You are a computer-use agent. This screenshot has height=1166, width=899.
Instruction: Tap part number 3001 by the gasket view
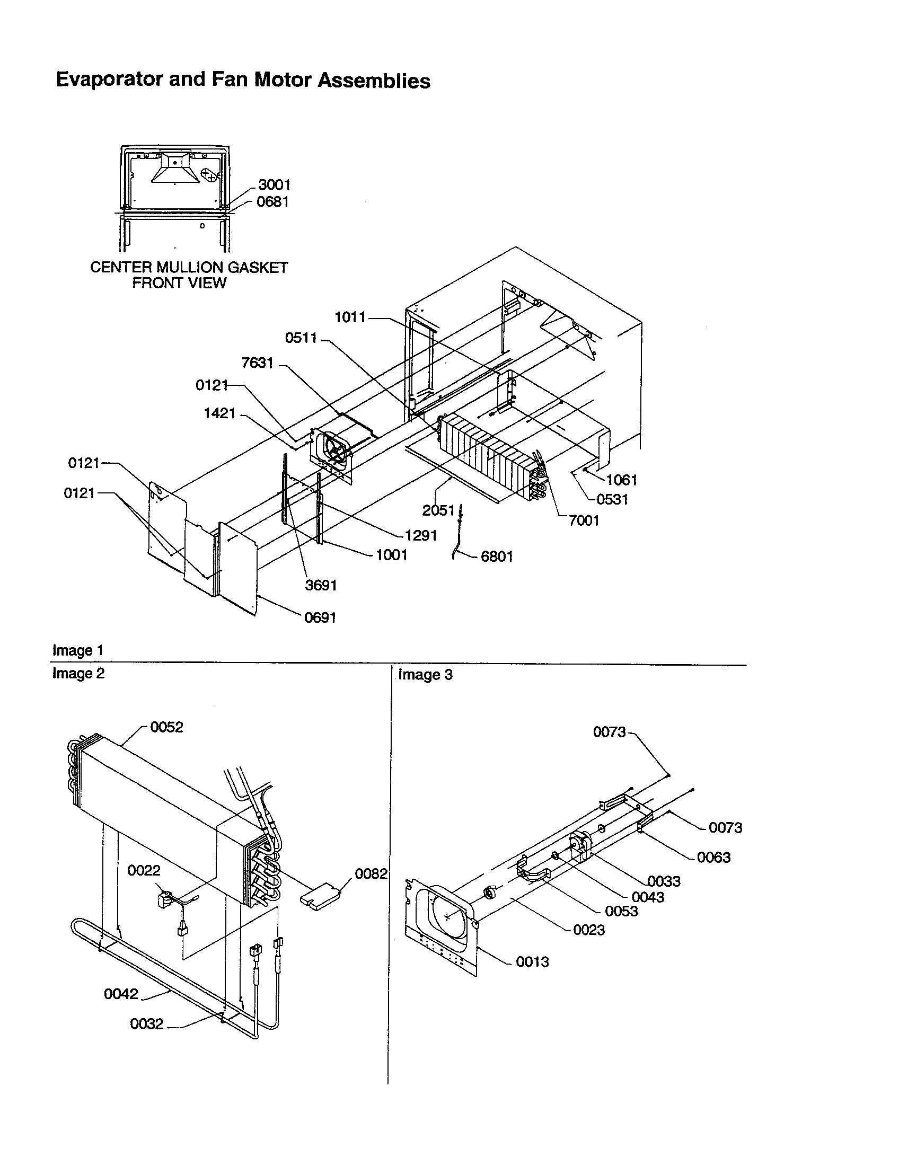pos(275,185)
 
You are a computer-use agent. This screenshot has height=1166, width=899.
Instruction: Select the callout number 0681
pos(273,202)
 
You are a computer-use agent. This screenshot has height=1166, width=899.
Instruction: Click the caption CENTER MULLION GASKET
pos(189,268)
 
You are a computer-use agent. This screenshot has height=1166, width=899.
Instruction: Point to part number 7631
pos(257,363)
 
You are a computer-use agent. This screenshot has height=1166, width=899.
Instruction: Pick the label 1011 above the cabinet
pos(350,317)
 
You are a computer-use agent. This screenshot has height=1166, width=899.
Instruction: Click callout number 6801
pos(497,556)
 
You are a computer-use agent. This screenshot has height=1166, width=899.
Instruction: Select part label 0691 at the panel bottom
pos(320,617)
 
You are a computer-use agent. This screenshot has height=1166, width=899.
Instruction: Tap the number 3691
pos(321,585)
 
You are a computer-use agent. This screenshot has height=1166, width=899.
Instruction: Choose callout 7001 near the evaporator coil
pos(584,520)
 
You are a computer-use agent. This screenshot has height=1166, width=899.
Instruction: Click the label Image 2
pos(78,674)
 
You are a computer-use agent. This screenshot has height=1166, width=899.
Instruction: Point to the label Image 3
pos(425,675)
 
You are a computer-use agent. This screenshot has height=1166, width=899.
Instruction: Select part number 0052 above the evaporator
pos(166,727)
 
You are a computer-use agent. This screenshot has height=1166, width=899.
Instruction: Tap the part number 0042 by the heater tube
pos(121,994)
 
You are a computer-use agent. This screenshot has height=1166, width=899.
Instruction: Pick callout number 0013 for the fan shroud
pos(532,961)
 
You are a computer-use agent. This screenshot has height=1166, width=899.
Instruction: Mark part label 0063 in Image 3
pos(713,858)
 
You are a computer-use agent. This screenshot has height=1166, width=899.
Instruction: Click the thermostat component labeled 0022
pos(163,900)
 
